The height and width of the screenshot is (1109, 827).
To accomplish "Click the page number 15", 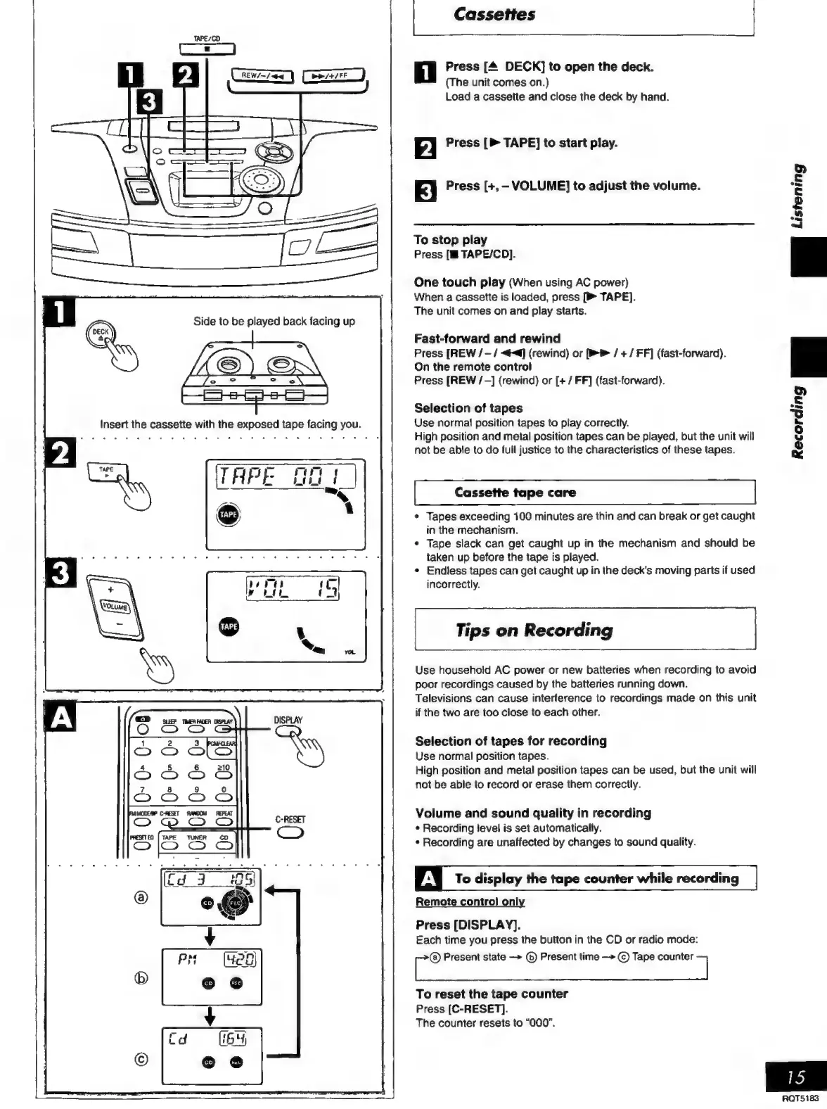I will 796,1077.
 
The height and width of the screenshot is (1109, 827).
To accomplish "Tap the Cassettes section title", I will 494,14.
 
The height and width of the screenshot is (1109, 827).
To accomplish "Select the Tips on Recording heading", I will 534,630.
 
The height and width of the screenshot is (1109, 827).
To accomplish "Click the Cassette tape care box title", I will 515,493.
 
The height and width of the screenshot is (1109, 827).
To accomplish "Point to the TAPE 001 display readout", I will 285,478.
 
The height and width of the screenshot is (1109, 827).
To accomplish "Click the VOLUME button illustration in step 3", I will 114,606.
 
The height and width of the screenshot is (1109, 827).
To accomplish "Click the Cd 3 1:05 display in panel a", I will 210,880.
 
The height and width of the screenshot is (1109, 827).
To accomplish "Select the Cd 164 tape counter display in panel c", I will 210,1039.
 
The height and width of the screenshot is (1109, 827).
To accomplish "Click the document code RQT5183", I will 800,1098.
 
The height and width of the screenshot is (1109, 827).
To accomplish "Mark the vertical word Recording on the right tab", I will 797,422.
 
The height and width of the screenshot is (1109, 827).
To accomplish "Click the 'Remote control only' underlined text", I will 470,902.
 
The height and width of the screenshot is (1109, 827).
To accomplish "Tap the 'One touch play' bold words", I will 459,282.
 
